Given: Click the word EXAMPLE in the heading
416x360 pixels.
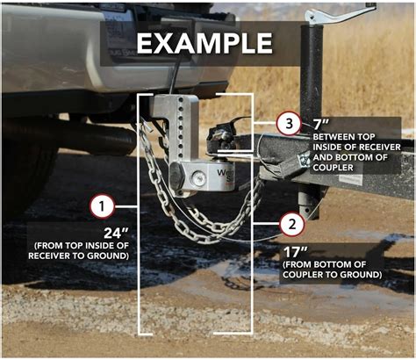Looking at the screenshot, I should click(204, 43).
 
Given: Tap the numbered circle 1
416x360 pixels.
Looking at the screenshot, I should click(103, 207).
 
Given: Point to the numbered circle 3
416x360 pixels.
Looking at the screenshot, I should click(290, 124).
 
